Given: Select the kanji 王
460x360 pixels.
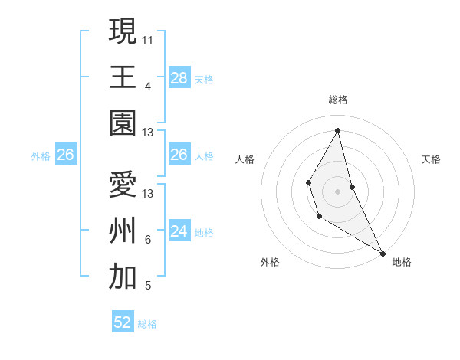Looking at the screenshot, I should [x=123, y=77].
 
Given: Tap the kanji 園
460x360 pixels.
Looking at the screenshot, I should [x=123, y=123].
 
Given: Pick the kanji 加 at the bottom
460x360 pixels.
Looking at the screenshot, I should [x=123, y=277].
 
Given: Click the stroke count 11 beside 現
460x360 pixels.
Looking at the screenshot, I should [x=148, y=38].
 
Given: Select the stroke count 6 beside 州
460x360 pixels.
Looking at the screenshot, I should [x=148, y=240].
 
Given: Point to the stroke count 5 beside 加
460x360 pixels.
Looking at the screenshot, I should [x=148, y=286].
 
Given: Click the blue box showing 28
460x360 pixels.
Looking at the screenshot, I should [x=179, y=78].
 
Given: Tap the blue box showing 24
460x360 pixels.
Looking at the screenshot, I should [x=179, y=232].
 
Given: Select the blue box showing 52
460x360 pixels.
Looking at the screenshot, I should [x=123, y=323].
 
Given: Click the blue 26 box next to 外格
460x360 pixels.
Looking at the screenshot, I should [x=65, y=155].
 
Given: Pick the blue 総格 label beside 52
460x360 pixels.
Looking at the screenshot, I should [x=147, y=324].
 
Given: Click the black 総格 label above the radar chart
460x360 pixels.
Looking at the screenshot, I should [x=337, y=100].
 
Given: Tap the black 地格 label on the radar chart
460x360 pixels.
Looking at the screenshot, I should [x=402, y=262].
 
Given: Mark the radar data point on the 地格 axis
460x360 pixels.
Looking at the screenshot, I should [x=383, y=253].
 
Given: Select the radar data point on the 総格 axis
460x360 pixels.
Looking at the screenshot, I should [x=337, y=130].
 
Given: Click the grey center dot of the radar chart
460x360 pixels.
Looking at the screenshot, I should [x=337, y=190].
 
